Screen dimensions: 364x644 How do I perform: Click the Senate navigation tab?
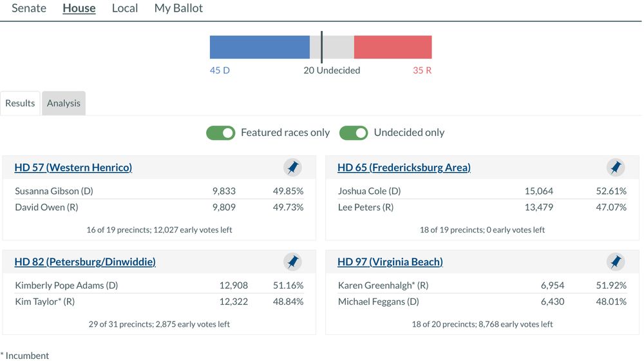[x=29, y=8]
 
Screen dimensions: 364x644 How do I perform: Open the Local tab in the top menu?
[x=124, y=8]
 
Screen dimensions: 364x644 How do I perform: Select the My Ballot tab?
[x=178, y=8]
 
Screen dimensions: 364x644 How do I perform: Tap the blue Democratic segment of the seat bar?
[x=260, y=47]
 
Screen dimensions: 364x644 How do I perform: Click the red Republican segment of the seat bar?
[x=393, y=47]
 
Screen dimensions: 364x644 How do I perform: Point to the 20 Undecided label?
[x=332, y=70]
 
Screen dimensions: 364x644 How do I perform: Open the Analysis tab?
[x=64, y=103]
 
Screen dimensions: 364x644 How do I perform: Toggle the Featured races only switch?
[x=220, y=133]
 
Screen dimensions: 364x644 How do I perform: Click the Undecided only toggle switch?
[x=354, y=133]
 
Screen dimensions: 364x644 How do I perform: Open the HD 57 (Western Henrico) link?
[x=73, y=168]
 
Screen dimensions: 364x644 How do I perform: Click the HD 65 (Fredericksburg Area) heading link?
[x=404, y=168]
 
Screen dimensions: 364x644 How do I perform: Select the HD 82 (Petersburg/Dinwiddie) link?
[x=85, y=262]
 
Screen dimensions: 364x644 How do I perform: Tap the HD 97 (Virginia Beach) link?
[x=390, y=262]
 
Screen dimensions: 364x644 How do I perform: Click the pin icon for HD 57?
[x=292, y=168]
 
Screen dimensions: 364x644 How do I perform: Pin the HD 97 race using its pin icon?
[x=616, y=262]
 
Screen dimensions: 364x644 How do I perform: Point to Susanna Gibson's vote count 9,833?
[x=223, y=191]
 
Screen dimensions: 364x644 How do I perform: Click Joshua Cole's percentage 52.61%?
[x=611, y=191]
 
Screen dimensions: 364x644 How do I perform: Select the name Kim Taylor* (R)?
[x=45, y=302]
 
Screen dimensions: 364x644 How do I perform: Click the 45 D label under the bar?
[x=220, y=70]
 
